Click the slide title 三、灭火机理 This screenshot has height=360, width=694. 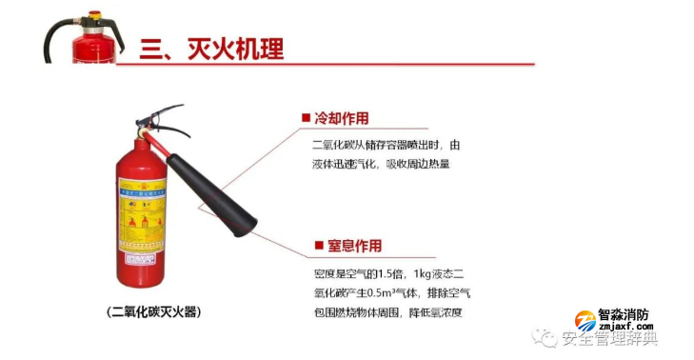[x=211, y=48]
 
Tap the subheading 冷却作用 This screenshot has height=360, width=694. [x=341, y=119]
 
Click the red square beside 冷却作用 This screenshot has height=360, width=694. [x=307, y=119]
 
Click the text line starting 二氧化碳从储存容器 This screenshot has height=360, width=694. [x=386, y=146]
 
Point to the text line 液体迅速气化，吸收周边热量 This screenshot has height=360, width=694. [x=380, y=164]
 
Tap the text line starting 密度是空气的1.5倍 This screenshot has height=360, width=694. [x=391, y=274]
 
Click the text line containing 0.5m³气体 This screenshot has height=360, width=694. [x=391, y=292]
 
